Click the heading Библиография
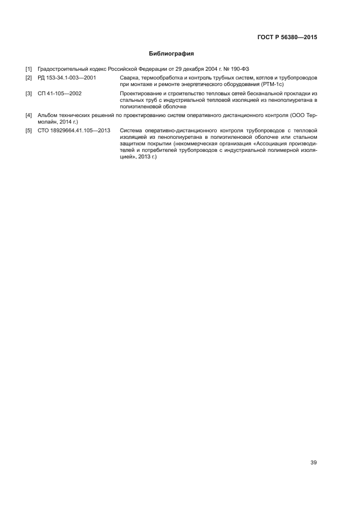coord(172,54)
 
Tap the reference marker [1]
coord(29,70)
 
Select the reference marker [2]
coord(29,78)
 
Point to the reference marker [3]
coord(29,94)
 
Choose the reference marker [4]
coord(29,115)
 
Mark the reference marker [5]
coord(29,131)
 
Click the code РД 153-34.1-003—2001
coord(67,78)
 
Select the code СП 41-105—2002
coord(60,94)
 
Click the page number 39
coord(313,463)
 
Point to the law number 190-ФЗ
coord(238,70)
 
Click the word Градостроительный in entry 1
coord(62,70)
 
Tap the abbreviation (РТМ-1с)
coord(271,85)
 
